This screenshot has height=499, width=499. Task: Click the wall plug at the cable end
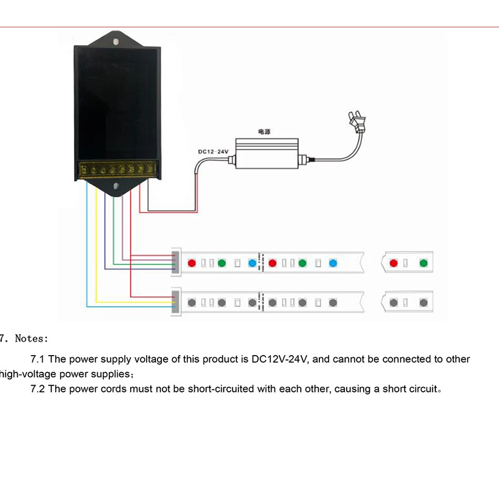357,122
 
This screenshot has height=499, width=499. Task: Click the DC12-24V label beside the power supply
213,152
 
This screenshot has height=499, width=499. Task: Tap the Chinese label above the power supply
264,133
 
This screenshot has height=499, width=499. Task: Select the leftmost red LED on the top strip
192,263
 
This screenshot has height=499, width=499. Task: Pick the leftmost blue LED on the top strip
252,263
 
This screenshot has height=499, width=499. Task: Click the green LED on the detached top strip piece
423,263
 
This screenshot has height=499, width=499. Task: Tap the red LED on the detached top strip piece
393,263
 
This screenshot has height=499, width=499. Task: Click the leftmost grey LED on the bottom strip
192,303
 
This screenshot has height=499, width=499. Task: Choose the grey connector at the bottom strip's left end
175,303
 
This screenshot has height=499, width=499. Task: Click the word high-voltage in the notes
28,375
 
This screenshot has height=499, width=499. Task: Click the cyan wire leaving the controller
88,242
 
